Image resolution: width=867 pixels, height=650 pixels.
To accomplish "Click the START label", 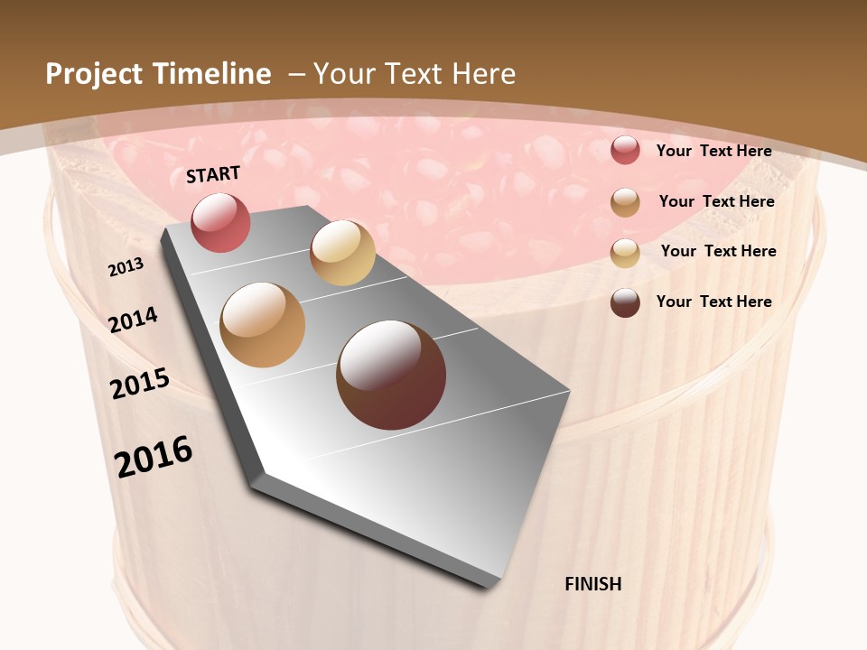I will (x=213, y=174).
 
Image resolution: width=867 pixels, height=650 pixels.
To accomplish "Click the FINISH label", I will (x=592, y=584).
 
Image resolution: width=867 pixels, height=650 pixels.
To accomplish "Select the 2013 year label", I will (x=126, y=267).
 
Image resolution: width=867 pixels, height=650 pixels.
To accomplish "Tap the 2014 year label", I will (x=134, y=320).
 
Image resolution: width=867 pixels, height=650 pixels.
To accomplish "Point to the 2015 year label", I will (x=140, y=384).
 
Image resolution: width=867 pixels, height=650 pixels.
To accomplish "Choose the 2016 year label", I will (x=154, y=456).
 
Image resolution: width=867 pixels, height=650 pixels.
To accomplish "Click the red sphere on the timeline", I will (x=220, y=222).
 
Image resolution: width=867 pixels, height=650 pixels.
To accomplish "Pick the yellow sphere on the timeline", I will (x=342, y=253).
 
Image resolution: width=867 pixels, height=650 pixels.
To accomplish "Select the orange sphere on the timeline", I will (x=263, y=325).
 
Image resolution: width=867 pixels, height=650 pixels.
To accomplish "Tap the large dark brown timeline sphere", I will (x=391, y=375).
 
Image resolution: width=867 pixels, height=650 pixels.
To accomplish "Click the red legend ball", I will (x=625, y=150).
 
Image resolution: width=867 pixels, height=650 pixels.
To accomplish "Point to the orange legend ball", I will (x=625, y=201).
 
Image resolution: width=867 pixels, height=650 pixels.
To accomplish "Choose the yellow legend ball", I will (x=625, y=252).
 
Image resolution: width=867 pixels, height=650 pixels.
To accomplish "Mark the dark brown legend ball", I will (x=625, y=302).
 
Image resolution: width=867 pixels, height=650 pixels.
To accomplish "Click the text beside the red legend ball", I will (x=713, y=151).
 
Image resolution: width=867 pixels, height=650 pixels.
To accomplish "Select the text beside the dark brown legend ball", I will (x=713, y=302).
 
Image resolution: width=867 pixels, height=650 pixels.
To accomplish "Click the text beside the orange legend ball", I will (x=716, y=201).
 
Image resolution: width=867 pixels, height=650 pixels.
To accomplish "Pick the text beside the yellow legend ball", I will (x=718, y=251).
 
